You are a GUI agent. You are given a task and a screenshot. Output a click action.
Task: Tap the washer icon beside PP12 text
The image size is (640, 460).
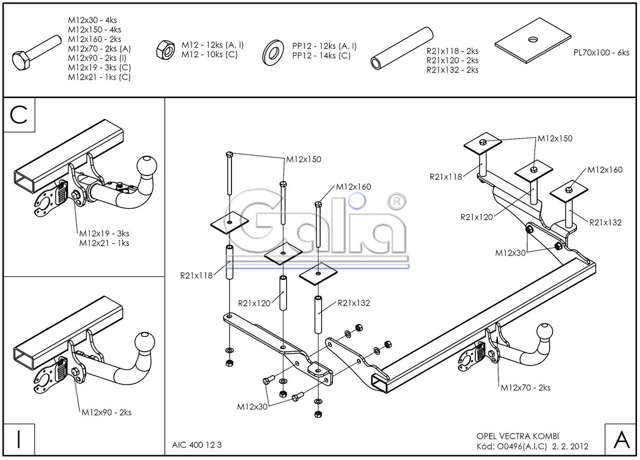click(274, 51)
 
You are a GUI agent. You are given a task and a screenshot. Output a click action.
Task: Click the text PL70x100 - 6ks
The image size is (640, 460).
click(601, 52)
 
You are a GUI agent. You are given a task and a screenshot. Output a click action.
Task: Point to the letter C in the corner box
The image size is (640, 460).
click(20, 115)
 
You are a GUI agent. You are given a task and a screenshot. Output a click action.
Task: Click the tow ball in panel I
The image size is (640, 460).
click(145, 342)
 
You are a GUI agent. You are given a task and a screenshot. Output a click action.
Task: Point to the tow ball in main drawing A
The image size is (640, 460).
click(546, 332)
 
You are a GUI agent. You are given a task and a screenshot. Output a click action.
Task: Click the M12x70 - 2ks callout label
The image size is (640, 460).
click(525, 387)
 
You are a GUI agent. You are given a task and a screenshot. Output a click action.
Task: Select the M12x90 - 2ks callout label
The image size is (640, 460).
click(106, 412)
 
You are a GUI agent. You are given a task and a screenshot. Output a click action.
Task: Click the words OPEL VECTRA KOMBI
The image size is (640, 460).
click(517, 436)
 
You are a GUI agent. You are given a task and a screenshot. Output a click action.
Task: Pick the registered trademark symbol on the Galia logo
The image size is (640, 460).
click(393, 201)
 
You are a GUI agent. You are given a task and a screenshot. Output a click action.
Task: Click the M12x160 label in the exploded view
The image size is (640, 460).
click(353, 187)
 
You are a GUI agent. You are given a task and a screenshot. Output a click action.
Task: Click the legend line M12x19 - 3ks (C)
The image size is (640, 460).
click(99, 67)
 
